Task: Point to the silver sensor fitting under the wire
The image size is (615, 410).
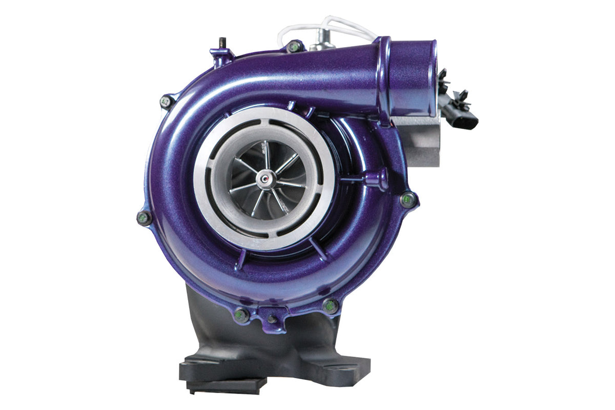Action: click(x=322, y=39)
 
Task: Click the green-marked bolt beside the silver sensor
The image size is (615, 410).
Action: click(x=294, y=47)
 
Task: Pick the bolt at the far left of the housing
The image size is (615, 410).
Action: click(x=144, y=218)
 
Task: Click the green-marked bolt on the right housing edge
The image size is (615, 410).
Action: click(x=408, y=199)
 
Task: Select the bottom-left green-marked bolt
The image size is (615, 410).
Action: click(x=241, y=315)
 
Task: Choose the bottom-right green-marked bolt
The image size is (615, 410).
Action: click(x=331, y=306)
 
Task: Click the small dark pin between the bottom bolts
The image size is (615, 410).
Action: click(x=272, y=319)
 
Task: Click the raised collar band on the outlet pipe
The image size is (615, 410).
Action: click(x=384, y=77)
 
